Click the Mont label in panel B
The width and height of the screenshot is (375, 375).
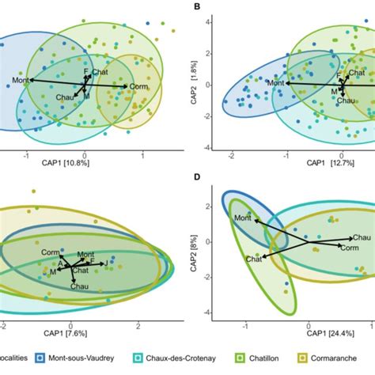275,83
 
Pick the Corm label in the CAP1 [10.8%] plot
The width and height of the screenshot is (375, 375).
138,86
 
